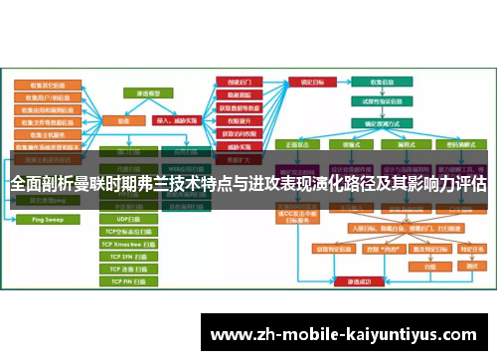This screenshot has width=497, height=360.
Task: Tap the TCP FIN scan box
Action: (x=126, y=281)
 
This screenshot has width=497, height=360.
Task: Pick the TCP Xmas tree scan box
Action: (x=126, y=243)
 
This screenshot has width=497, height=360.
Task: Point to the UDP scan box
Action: (x=126, y=218)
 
